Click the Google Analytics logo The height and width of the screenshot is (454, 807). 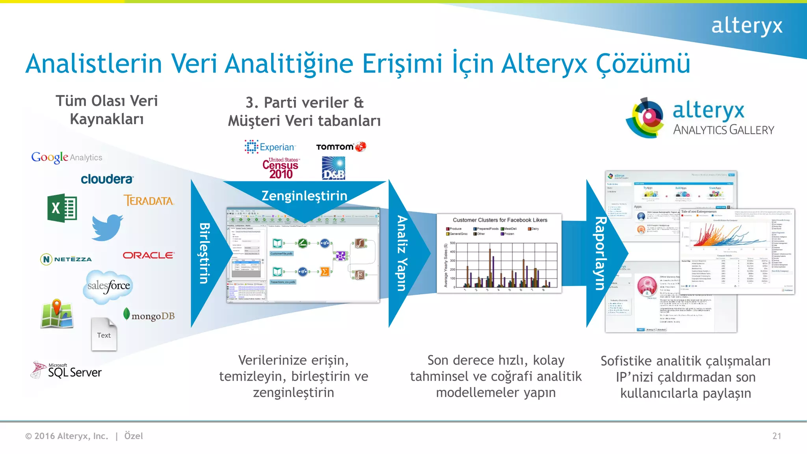pos(67,157)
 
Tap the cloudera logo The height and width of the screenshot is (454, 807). pos(107,179)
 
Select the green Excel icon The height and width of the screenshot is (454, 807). pos(62,208)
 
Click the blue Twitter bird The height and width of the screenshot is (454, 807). pos(107,227)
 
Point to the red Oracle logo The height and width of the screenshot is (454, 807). pos(149,255)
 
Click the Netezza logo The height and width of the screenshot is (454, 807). pos(66,259)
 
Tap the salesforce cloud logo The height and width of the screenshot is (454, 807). pos(108,287)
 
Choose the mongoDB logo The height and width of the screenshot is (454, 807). pos(149,315)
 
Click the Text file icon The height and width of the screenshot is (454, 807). pos(104,334)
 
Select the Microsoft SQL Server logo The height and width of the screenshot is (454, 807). pos(67,370)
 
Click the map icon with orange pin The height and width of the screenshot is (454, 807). pos(57,314)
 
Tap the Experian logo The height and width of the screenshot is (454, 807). pos(270,147)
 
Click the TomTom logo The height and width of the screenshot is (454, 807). pos(341,147)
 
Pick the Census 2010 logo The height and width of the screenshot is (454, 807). pos(281,169)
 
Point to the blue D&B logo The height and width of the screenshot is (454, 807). pos(333,168)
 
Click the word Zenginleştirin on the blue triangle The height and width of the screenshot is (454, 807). pos(304,196)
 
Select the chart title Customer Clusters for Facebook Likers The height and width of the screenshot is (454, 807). pos(500,220)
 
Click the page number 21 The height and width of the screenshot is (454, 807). pos(776,436)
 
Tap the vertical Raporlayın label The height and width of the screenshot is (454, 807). pos(600,253)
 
